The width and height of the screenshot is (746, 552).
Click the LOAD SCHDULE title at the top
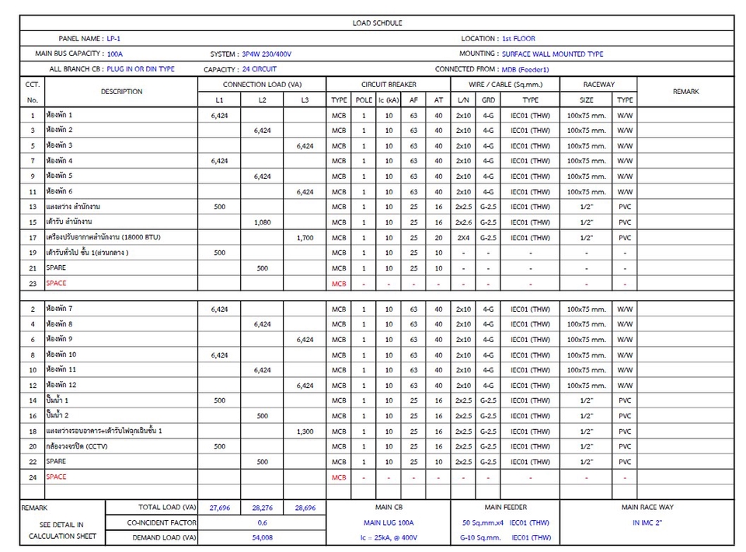click(x=377, y=23)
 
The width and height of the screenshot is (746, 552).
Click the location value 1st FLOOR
click(x=518, y=38)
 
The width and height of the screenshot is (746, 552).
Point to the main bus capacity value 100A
click(x=115, y=54)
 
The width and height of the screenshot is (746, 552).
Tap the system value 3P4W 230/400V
click(x=267, y=54)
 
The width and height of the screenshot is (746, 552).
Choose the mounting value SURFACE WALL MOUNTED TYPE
click(x=553, y=54)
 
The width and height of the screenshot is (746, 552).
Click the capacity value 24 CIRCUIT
click(x=260, y=69)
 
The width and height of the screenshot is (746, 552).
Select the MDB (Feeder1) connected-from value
click(x=528, y=70)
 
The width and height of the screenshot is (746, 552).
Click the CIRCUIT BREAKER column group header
click(x=389, y=84)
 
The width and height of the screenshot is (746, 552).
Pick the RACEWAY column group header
click(x=598, y=84)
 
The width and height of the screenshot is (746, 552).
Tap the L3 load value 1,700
click(x=305, y=238)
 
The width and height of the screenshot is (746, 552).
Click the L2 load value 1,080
click(x=262, y=222)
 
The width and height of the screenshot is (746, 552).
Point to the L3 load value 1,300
click(x=305, y=431)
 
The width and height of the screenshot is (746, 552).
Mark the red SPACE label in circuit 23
click(x=56, y=283)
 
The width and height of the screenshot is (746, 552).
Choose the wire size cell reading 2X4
click(x=463, y=238)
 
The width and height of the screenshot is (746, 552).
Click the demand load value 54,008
click(x=262, y=537)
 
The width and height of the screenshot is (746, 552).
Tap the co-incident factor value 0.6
click(x=262, y=522)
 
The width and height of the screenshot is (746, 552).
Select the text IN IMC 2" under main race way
click(x=647, y=522)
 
